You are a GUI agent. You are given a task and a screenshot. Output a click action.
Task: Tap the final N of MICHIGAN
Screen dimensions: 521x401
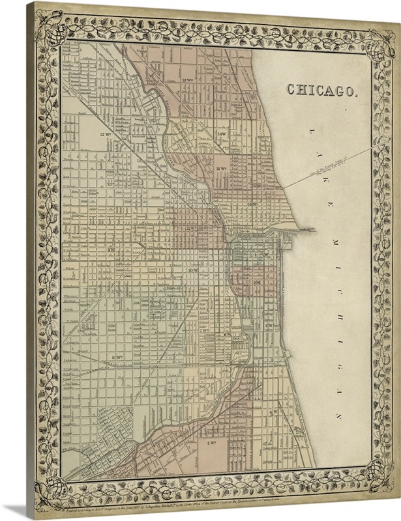click(338, 414)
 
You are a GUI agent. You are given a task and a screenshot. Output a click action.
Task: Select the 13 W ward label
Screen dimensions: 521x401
click(189, 80)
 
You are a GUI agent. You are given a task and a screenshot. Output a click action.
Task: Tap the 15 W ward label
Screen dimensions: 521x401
click(220, 169)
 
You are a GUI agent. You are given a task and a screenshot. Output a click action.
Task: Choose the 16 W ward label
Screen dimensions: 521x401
click(254, 204)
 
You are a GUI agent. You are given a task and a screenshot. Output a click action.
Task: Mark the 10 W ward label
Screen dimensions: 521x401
click(192, 269)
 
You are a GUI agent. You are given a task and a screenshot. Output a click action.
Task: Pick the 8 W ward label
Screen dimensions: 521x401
click(117, 357)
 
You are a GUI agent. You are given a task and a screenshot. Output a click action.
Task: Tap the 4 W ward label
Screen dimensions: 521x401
click(275, 412)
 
